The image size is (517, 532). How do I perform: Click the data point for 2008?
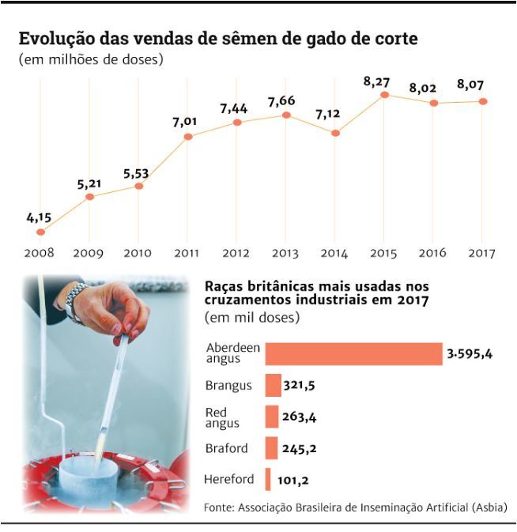[40, 232]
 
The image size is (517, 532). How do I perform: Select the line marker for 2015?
[384, 95]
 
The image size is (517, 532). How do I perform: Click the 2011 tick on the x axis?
[187, 253]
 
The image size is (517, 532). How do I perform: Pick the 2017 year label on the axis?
[481, 253]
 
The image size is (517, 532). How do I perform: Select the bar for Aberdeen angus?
[353, 354]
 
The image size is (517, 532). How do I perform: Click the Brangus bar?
[273, 386]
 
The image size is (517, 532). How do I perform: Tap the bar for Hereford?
[268, 479]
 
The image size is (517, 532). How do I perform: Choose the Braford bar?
[271, 448]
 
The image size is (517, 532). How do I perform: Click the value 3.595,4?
[470, 354]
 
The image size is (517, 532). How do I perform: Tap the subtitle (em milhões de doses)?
[91, 60]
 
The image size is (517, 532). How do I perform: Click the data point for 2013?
[286, 115]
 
